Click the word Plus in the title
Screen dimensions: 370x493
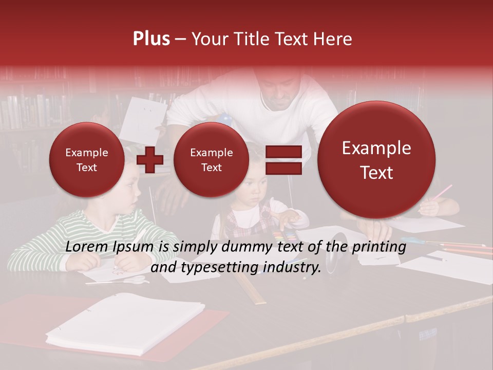[151, 39]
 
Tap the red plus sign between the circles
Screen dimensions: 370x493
[149, 160]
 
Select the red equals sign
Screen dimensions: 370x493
[283, 160]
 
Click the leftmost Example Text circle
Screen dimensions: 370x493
[86, 160]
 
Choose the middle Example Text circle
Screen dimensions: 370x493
[211, 160]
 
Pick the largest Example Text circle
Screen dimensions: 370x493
[376, 160]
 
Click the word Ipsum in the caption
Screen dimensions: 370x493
[136, 247]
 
